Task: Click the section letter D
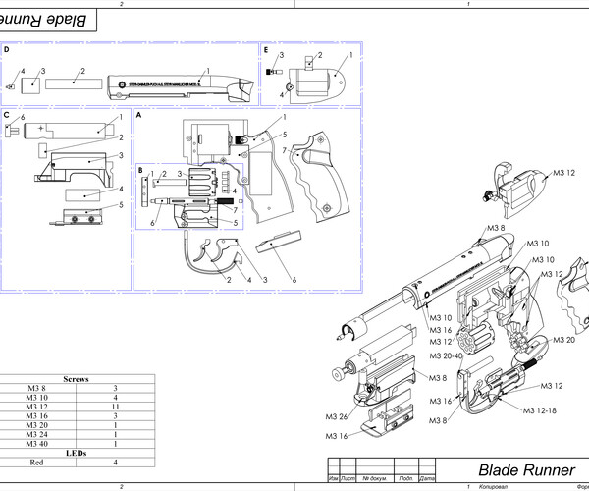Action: [x=7, y=48]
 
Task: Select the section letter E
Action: [x=265, y=48]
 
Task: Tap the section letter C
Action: [x=7, y=115]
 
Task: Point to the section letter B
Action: [x=140, y=170]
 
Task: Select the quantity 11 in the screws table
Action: [x=115, y=406]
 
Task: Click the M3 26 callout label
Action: [x=337, y=415]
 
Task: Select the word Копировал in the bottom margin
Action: [x=494, y=487]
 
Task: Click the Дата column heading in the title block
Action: [x=425, y=478]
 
